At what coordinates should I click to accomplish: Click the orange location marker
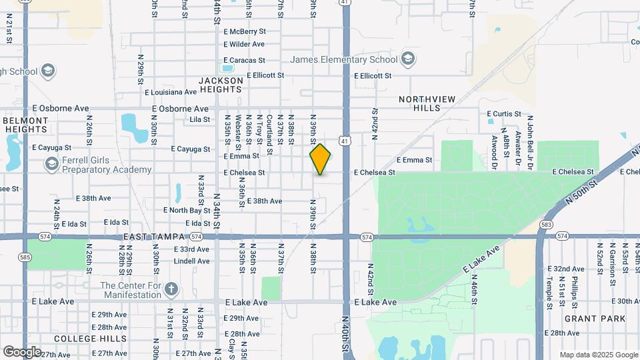click(320, 159)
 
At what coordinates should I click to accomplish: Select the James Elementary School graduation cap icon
click(407, 59)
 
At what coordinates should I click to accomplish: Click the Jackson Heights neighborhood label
click(221, 85)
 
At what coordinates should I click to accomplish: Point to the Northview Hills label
click(427, 103)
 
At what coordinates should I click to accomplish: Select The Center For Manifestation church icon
click(171, 289)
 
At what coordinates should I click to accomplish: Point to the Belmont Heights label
click(26, 125)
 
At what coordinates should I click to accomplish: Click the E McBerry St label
click(245, 31)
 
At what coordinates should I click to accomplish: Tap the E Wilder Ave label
click(244, 44)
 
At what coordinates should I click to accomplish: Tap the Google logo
click(22, 351)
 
